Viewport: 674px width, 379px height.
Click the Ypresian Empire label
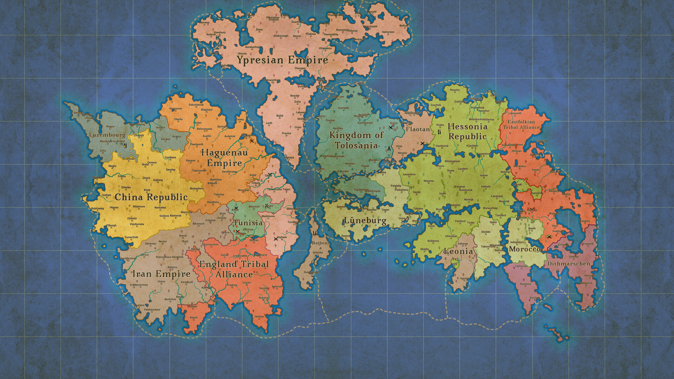pyautogui.click(x=282, y=60)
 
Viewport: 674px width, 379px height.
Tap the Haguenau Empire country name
pyautogui.click(x=224, y=158)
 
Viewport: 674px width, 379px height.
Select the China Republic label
pyautogui.click(x=151, y=197)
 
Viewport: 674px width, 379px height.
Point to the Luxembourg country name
pyautogui.click(x=107, y=135)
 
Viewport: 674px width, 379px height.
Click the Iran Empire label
pyautogui.click(x=161, y=274)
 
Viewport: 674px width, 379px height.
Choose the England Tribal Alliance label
pyautogui.click(x=234, y=269)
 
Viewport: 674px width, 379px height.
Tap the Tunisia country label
pyautogui.click(x=248, y=223)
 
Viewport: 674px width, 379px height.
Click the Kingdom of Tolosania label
pyautogui.click(x=356, y=140)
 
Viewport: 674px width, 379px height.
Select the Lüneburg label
pyautogui.click(x=365, y=221)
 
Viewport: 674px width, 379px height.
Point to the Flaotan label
pyautogui.click(x=418, y=129)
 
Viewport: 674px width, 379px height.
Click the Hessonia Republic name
pyautogui.click(x=468, y=132)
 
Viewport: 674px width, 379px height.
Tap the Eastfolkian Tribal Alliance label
pyautogui.click(x=521, y=125)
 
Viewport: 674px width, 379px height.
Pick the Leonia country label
pyautogui.click(x=458, y=251)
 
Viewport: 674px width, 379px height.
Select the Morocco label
pyautogui.click(x=524, y=249)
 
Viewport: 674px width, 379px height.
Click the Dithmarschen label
pyautogui.click(x=568, y=264)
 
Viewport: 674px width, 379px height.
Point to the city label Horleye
pyautogui.click(x=259, y=317)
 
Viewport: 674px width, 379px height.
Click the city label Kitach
pyautogui.click(x=194, y=318)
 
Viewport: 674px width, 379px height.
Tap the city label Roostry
pyautogui.click(x=455, y=90)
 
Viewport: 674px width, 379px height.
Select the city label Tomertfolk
pyautogui.click(x=131, y=237)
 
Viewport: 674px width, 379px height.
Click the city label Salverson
pyautogui.click(x=388, y=32)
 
